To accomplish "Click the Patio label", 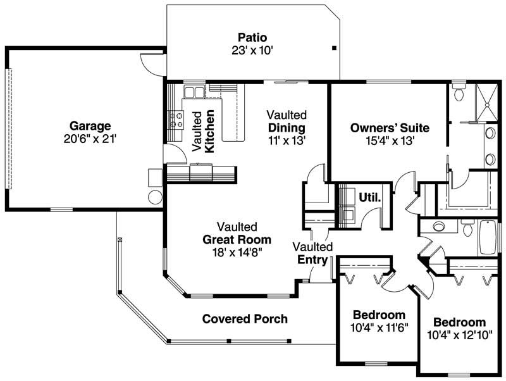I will (x=252, y=37).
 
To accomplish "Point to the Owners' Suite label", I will (x=390, y=128).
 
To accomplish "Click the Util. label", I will (x=370, y=197).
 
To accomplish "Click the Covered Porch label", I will (x=245, y=319).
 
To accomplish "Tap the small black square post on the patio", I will (x=334, y=48).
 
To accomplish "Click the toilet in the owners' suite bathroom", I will (x=460, y=94).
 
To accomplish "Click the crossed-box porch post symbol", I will (x=120, y=240).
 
